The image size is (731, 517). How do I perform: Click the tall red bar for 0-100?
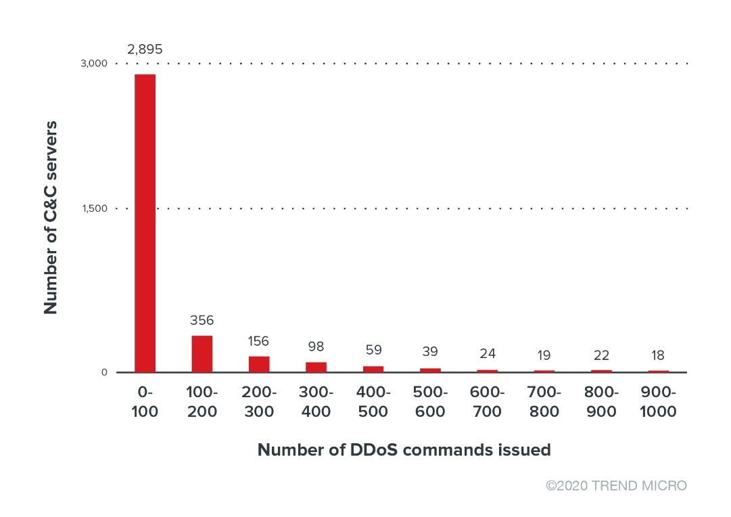[x=145, y=223]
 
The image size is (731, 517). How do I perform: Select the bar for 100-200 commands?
[x=202, y=354]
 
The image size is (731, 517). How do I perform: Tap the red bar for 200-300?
[x=259, y=364]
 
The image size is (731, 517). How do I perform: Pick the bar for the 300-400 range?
[x=316, y=367]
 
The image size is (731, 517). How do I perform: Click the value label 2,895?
[x=145, y=49]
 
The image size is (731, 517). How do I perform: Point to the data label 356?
[x=202, y=320]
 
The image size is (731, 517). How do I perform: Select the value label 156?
[x=259, y=341]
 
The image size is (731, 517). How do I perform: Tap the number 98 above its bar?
[x=316, y=346]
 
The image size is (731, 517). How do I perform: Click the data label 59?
[x=373, y=350]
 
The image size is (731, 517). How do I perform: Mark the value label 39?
[x=430, y=352]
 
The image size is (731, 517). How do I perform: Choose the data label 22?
[x=601, y=355]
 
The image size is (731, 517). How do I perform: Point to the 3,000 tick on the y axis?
[x=95, y=64]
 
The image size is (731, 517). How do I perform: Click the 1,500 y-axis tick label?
[x=95, y=208]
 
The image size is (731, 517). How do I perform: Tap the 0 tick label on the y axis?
[x=105, y=372]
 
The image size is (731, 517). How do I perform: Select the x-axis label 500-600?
[x=430, y=402]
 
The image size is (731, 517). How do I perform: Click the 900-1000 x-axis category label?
[x=658, y=402]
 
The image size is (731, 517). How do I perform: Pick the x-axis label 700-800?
[x=544, y=402]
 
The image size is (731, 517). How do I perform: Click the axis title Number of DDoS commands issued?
[x=404, y=450]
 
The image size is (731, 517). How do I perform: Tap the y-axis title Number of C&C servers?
[x=51, y=218]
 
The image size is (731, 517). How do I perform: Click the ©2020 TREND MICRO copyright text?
[x=616, y=486]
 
